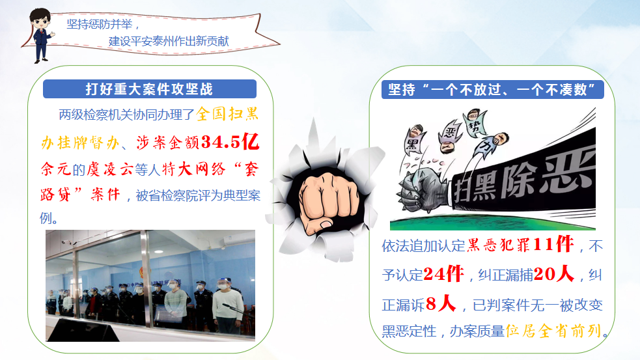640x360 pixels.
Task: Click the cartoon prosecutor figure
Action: point(42,36)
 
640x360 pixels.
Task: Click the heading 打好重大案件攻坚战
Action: point(149,89)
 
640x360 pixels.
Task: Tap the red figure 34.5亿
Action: point(230,142)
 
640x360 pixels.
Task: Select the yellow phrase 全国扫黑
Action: point(227,114)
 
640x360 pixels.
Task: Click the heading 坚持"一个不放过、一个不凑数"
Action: point(492,89)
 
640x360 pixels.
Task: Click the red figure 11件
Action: point(553,245)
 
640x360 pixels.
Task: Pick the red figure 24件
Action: point(443,273)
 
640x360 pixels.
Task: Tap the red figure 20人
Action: point(554,273)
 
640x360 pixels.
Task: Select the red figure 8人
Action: point(441,303)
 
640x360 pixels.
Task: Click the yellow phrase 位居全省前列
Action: point(554,331)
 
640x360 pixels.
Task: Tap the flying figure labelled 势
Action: point(475,122)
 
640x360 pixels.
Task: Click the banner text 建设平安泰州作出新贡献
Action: point(169,41)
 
